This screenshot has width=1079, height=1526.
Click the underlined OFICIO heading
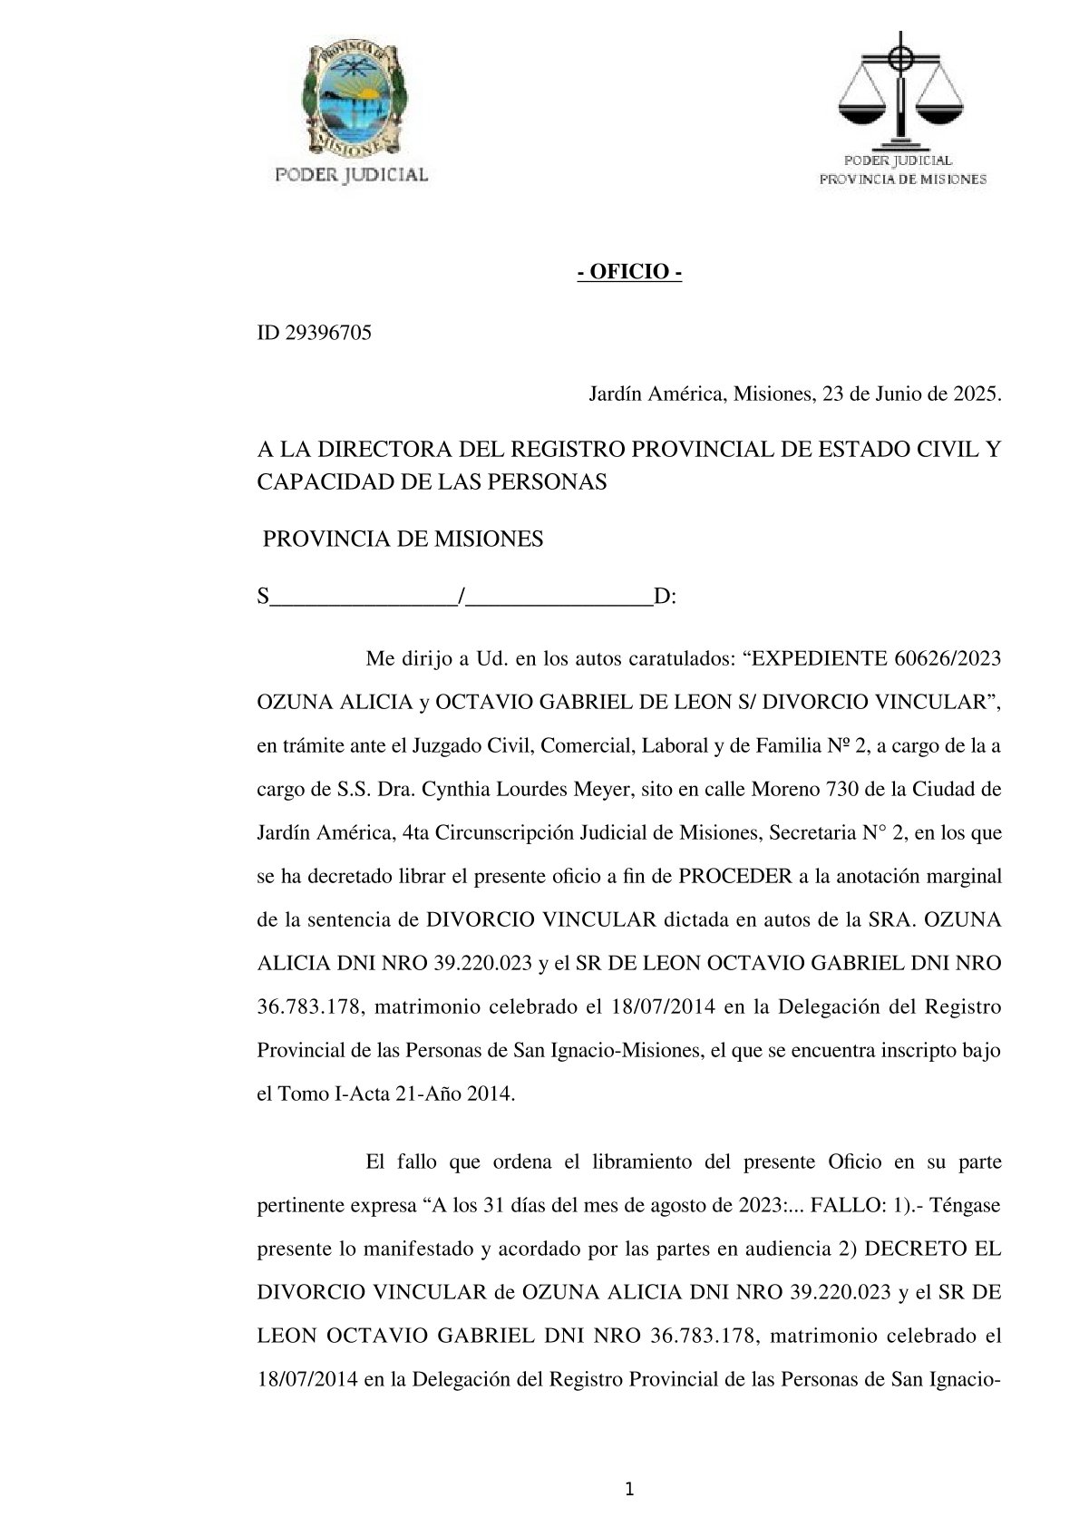[629, 273]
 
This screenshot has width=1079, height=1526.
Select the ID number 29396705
[328, 334]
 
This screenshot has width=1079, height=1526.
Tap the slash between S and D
[462, 597]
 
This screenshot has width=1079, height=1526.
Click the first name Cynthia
[456, 789]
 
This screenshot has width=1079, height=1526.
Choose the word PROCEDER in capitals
[735, 876]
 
